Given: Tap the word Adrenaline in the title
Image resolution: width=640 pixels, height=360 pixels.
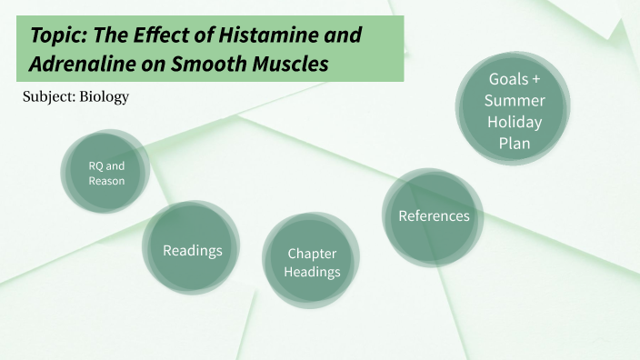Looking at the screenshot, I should coord(80,65).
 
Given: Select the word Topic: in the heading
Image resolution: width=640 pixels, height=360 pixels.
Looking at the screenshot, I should coord(59,35).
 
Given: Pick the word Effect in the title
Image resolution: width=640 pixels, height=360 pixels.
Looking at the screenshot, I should coord(166,35).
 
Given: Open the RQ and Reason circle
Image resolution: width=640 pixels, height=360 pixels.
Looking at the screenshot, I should coord(106,173).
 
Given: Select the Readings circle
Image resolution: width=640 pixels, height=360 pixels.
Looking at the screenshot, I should coord(192,250).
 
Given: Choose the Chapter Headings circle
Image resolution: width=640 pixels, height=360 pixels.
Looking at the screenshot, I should coord(312,263).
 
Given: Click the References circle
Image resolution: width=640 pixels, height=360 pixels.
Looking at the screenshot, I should coord(434,215).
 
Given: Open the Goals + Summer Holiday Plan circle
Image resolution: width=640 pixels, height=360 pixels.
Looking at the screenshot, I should coord(514,110).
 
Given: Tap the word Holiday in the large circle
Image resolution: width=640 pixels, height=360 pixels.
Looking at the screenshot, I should coord(515,121).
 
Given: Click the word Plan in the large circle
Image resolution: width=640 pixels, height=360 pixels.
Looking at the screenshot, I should coord(515,143).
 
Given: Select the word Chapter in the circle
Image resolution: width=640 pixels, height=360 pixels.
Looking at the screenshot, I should coord(312,254).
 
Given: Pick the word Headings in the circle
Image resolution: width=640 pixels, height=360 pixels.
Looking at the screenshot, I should coord(312,272).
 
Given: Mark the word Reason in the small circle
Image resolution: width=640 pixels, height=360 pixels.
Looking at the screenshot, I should coord(106,181).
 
